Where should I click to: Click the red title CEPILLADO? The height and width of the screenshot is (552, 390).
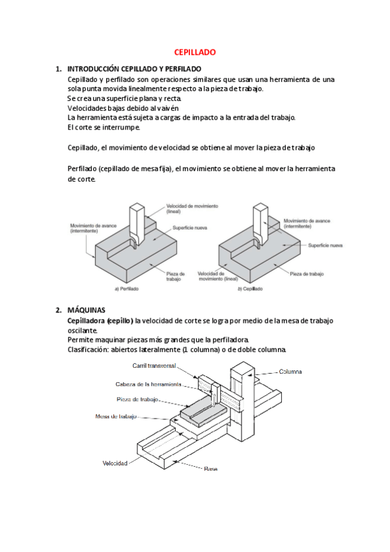point(195,52)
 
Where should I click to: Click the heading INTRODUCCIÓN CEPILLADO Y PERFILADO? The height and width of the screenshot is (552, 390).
point(134,69)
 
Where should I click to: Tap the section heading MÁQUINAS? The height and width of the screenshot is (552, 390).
point(86,310)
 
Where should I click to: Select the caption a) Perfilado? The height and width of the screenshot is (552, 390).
point(127,288)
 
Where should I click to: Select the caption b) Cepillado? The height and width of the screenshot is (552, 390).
point(250,288)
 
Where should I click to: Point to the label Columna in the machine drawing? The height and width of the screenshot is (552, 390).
point(290,372)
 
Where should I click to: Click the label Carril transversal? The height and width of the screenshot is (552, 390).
point(154,366)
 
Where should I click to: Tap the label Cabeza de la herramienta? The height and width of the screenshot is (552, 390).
point(148,384)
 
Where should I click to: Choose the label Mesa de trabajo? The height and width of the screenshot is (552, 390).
point(116,417)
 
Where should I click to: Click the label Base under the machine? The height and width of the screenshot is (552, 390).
point(210,469)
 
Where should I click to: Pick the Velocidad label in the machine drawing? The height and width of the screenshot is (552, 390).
point(115,463)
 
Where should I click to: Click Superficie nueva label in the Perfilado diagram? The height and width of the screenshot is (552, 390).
point(189,228)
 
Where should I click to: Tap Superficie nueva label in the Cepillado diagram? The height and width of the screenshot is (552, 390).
point(326,245)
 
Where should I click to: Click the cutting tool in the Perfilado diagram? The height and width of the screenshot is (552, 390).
point(137,225)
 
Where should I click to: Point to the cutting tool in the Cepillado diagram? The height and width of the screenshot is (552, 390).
point(260,225)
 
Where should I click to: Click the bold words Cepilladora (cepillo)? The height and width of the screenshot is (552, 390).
point(100,321)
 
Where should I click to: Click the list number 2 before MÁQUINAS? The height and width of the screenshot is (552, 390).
point(59,310)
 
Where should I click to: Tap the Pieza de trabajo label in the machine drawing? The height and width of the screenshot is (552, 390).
point(137,400)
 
